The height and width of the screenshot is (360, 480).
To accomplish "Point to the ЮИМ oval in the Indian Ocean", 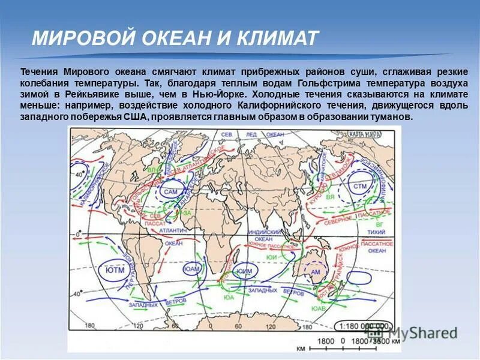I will [244, 271].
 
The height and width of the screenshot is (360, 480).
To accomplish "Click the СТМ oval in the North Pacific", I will [359, 187].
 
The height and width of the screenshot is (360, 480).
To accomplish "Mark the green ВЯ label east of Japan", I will [331, 196].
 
